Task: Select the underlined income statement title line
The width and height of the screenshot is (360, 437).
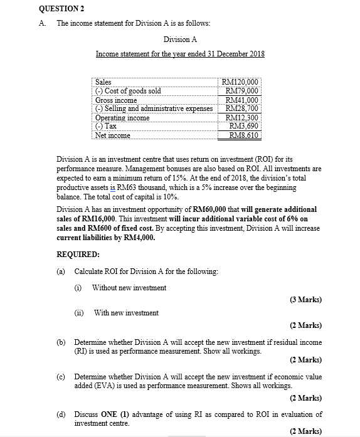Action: [x=179, y=54]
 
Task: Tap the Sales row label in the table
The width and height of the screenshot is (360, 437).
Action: [x=103, y=82]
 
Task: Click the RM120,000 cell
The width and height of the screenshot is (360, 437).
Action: [x=240, y=82]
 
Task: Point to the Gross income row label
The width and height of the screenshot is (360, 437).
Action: [x=116, y=100]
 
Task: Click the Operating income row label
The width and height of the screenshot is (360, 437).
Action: [x=122, y=118]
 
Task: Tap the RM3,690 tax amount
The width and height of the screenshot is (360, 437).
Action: [x=244, y=126]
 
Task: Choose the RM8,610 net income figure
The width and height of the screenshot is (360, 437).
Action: [x=243, y=135]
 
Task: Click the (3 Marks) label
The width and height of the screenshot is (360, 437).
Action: [x=306, y=300]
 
